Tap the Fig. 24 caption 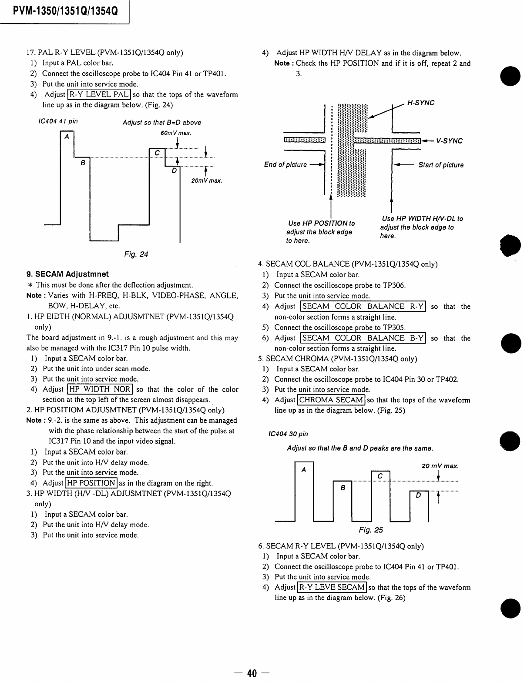[136, 254]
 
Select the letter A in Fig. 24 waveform [67, 136]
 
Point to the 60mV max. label [176, 133]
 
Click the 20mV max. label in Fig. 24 [207, 181]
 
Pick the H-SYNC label [420, 103]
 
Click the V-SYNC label [450, 141]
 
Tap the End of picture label [285, 165]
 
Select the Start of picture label [441, 165]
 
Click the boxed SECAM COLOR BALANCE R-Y [363, 306]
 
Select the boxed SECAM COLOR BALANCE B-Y [363, 338]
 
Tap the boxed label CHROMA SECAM [331, 400]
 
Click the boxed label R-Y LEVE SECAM [333, 587]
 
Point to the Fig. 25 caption [371, 530]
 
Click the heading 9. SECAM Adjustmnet [67, 274]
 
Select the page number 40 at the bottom [252, 673]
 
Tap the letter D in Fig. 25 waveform [419, 495]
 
